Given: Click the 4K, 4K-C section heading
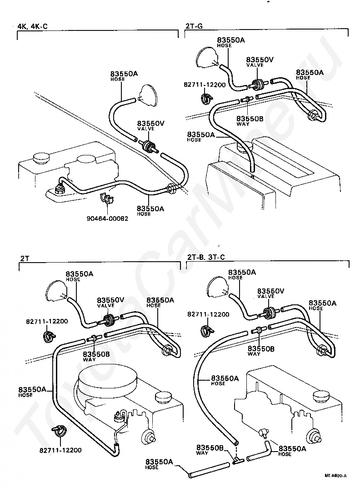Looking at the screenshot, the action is (32, 26).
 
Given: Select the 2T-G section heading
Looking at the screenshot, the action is (194, 26).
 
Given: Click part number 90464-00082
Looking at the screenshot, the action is (107, 219).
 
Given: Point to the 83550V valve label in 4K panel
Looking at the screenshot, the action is (150, 125).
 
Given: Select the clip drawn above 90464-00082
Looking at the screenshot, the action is (107, 198).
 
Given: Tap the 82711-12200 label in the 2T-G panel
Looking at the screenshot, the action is (205, 84).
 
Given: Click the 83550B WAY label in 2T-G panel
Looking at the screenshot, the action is (250, 121).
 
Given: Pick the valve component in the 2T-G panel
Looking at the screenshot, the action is (257, 84).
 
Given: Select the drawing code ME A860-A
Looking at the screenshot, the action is (335, 476).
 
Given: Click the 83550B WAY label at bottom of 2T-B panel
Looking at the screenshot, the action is (210, 450).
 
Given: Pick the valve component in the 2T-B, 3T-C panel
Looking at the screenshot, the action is (270, 313).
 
